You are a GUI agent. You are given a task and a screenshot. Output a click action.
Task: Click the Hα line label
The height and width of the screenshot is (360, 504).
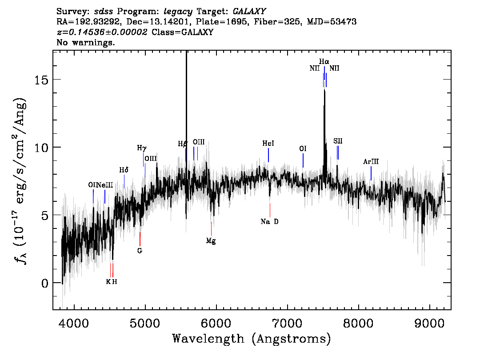(x=324, y=61)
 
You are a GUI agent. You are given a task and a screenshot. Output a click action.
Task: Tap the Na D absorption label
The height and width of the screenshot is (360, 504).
(x=269, y=221)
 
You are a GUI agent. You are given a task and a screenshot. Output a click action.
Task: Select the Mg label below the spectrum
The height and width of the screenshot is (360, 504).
(x=211, y=241)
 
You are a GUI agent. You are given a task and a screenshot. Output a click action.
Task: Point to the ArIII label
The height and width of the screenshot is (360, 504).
(x=371, y=162)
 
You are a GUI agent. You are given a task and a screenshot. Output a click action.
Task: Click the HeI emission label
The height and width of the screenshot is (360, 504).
(x=268, y=144)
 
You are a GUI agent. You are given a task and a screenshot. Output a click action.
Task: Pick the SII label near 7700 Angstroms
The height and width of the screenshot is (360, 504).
(x=338, y=141)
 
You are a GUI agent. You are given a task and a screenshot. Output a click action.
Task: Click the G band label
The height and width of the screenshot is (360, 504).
(x=140, y=251)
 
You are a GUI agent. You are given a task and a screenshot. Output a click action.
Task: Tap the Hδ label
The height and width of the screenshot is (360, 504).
(x=124, y=170)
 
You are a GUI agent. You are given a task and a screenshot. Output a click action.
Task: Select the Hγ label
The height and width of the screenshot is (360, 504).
(x=142, y=148)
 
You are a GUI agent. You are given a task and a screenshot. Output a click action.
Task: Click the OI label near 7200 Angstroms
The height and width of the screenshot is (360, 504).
(x=303, y=148)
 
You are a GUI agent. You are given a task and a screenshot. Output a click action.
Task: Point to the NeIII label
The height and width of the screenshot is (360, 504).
(x=105, y=185)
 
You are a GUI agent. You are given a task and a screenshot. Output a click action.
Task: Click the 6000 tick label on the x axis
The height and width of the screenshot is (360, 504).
(x=216, y=323)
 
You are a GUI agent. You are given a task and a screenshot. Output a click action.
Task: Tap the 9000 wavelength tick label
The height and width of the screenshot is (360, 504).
(x=429, y=323)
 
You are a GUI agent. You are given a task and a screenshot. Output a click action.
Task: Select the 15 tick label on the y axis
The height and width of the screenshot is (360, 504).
(x=41, y=80)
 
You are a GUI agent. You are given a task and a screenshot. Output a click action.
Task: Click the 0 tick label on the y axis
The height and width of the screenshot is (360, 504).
(x=45, y=283)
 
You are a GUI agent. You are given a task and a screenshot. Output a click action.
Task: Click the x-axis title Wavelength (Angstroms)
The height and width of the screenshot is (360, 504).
(x=252, y=339)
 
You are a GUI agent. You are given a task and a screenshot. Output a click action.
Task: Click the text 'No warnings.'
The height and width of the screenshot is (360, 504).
(x=85, y=42)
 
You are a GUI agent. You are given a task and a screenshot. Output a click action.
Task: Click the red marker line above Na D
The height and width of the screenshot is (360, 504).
(x=270, y=210)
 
